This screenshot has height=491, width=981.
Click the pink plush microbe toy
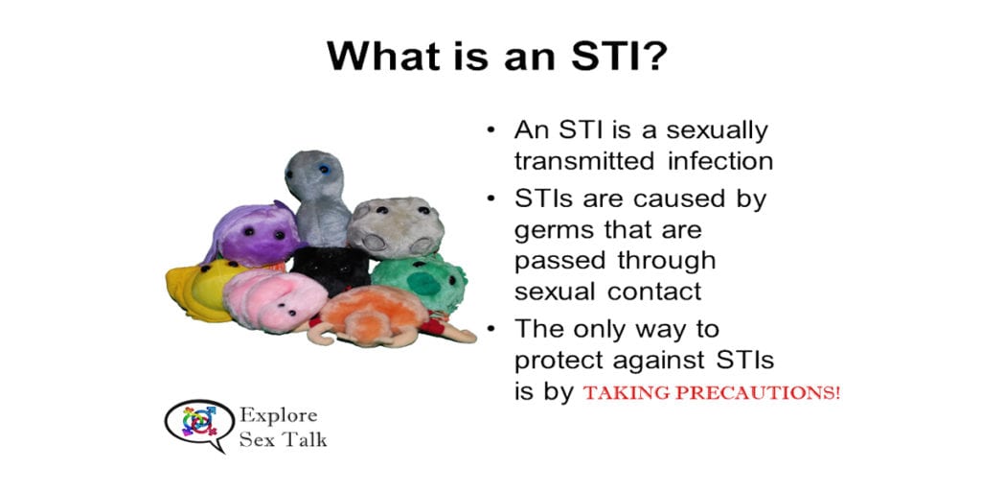pyautogui.click(x=273, y=298)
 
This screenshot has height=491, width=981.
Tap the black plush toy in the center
pyautogui.click(x=331, y=268)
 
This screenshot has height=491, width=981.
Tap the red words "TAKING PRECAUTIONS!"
pyautogui.click(x=711, y=392)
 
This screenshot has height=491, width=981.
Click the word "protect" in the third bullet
pyautogui.click(x=561, y=361)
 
